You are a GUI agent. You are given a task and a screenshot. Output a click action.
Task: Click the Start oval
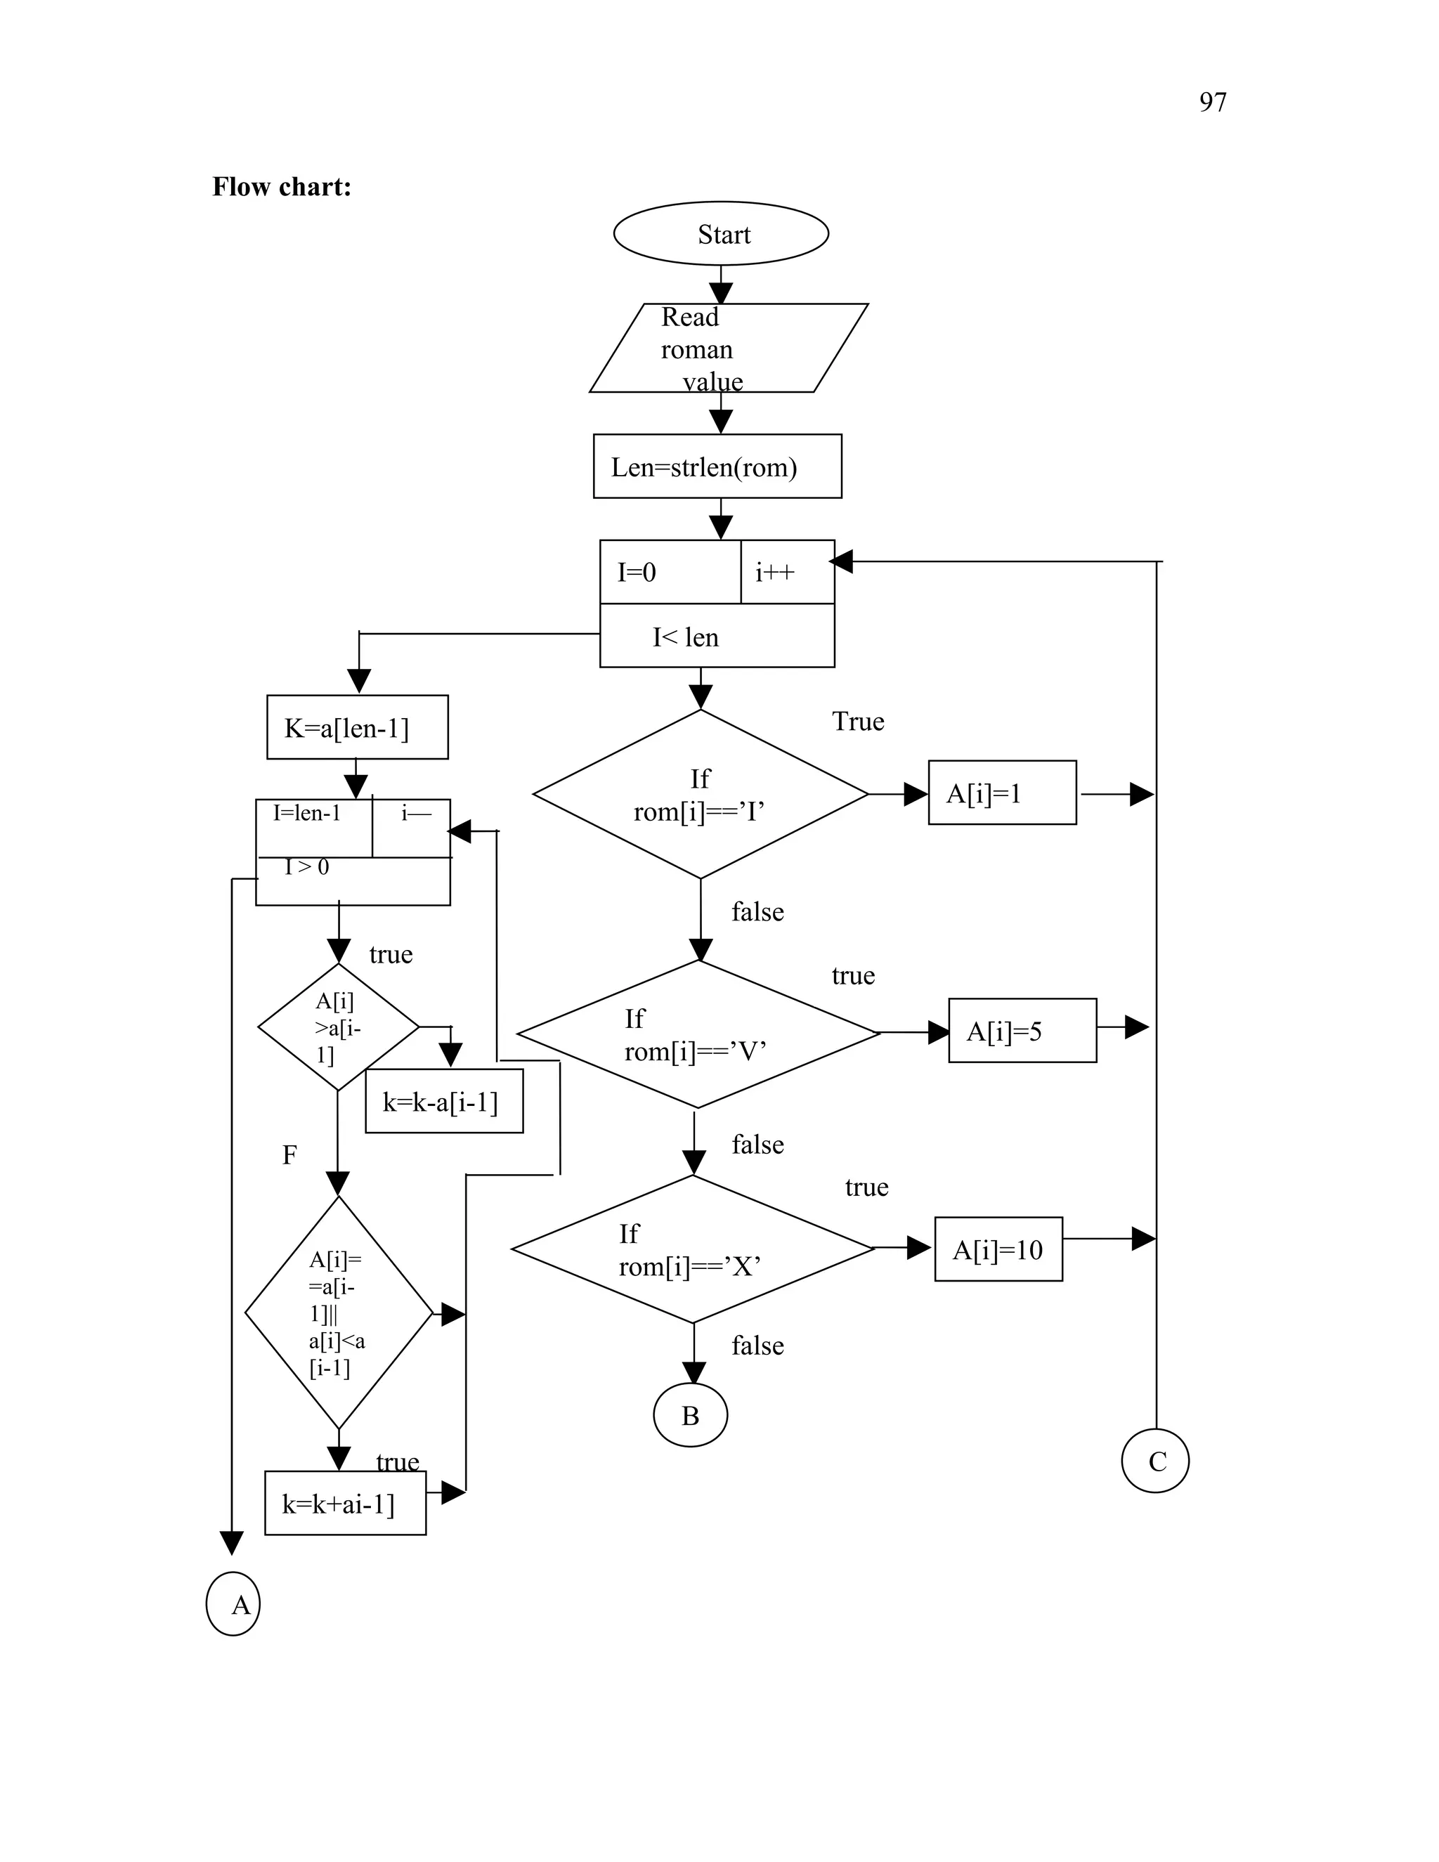(x=720, y=233)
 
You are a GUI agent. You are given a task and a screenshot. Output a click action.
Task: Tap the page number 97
(x=1212, y=103)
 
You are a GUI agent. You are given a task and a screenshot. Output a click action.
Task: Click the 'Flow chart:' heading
(x=281, y=187)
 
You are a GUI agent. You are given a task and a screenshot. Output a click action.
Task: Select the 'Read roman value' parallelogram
(x=727, y=348)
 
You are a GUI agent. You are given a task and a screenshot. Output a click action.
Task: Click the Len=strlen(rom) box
(x=717, y=467)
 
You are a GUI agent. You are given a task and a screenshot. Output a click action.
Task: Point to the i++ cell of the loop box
(x=786, y=572)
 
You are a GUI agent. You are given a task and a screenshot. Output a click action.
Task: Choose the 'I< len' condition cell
(x=716, y=636)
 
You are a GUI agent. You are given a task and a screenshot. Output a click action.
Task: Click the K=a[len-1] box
(x=357, y=727)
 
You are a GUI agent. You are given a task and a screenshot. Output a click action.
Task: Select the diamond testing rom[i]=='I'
(x=700, y=794)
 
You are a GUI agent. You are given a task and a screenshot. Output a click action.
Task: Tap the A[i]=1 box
(x=1002, y=793)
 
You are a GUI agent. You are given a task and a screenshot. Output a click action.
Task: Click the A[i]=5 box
(x=1022, y=1031)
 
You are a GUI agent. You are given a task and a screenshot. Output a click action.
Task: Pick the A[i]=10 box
(x=998, y=1249)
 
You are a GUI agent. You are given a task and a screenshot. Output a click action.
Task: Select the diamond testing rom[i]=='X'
(x=692, y=1249)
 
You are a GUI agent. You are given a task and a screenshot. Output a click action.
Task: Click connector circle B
(x=690, y=1415)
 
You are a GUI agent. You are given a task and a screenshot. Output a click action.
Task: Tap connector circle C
(x=1155, y=1461)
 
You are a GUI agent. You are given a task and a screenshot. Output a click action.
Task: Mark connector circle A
(x=233, y=1603)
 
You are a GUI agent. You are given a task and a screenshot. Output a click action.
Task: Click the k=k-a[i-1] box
(x=443, y=1102)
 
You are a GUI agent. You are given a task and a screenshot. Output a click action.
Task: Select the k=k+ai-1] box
(x=345, y=1504)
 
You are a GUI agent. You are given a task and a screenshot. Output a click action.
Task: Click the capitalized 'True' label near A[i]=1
(x=858, y=722)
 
